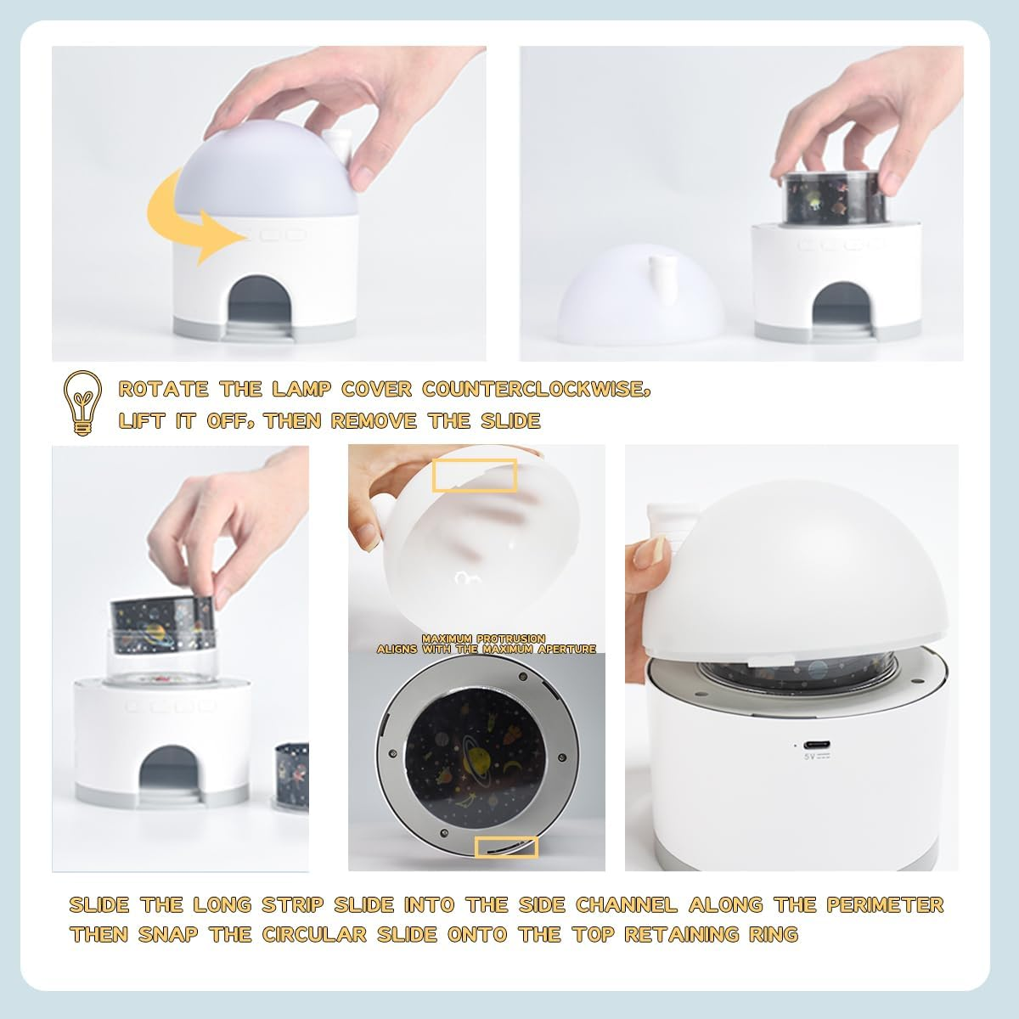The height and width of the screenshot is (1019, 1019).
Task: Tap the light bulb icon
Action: coord(82,403)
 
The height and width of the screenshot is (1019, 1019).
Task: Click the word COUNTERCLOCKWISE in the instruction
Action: coord(535,389)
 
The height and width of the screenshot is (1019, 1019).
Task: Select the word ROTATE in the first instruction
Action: coord(163,389)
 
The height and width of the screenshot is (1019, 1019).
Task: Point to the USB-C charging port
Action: coord(816,745)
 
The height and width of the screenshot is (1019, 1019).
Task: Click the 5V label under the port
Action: coord(817,757)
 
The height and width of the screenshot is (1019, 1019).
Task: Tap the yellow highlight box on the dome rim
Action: coord(475,476)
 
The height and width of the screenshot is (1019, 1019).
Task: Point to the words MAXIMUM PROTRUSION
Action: coord(483,639)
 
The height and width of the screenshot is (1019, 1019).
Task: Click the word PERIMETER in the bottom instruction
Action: coord(885,904)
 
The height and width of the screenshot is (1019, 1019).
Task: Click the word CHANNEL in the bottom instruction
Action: coord(626,904)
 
